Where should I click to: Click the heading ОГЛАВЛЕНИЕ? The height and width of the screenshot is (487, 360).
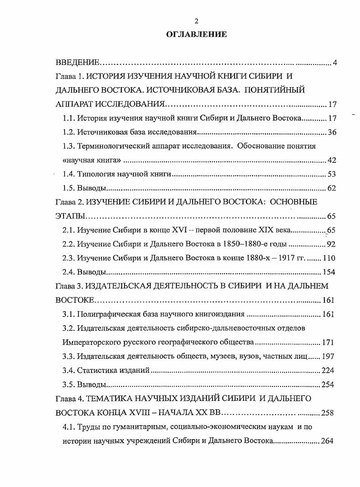coord(196,34)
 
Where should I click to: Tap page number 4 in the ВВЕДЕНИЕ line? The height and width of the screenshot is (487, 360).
coord(335,62)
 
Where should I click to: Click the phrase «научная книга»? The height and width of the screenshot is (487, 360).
coord(92,160)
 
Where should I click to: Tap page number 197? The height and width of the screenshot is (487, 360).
coord(328,357)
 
